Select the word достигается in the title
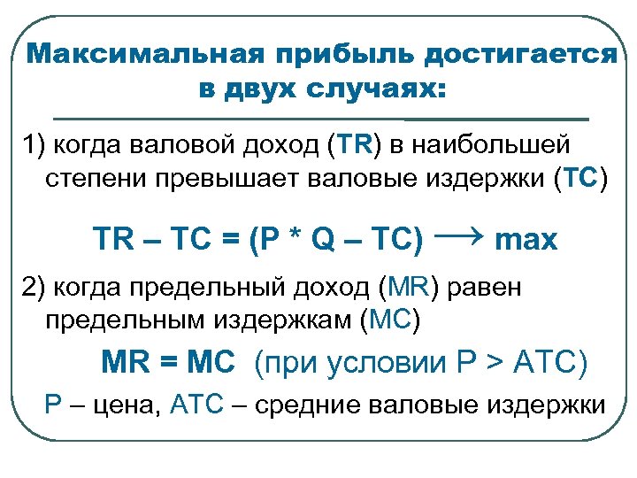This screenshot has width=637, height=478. pos(520,54)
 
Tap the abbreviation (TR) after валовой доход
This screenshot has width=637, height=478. pos(353,143)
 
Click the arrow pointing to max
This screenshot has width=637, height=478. pos(457,235)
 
